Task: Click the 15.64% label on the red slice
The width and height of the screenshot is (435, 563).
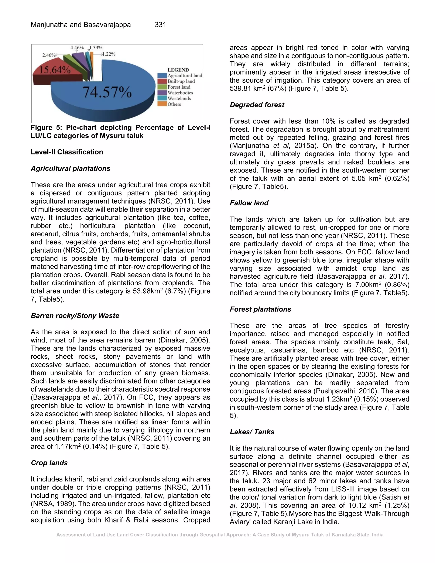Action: click(x=55, y=70)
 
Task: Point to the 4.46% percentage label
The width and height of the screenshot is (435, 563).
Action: click(x=77, y=48)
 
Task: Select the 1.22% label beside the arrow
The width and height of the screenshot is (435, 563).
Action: click(x=109, y=54)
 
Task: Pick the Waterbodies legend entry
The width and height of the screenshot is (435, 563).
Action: click(x=180, y=93)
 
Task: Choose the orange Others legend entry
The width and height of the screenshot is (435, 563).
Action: click(x=174, y=104)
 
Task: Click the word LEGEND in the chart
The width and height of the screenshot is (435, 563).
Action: click(x=178, y=70)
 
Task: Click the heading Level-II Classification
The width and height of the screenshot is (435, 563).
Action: click(x=67, y=152)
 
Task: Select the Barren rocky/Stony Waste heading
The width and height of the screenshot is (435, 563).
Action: click(x=75, y=315)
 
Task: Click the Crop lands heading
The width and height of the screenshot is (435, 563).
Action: click(x=49, y=463)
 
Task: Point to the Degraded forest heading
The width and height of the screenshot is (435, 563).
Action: click(x=257, y=105)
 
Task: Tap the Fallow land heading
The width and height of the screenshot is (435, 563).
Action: click(x=249, y=203)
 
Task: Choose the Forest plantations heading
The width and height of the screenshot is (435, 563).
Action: click(x=260, y=309)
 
